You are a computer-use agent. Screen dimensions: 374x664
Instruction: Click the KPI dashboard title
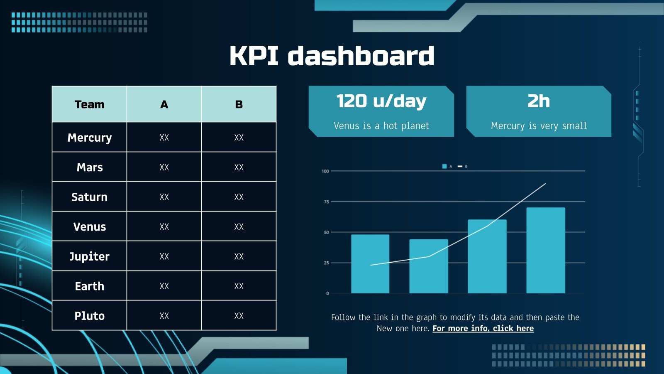click(x=332, y=56)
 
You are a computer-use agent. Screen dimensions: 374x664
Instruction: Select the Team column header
click(x=89, y=104)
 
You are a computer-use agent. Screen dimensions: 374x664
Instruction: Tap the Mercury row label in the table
click(x=89, y=138)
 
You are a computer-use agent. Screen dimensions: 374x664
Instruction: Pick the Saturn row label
click(x=89, y=197)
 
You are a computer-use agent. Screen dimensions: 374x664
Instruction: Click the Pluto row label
click(x=89, y=316)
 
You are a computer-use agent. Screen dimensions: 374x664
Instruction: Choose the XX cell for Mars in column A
click(x=164, y=167)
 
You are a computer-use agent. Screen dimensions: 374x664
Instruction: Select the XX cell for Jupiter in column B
click(x=239, y=256)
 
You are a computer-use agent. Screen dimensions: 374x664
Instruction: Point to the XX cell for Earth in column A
click(x=164, y=286)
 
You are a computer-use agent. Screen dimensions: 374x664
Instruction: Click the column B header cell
click(x=239, y=104)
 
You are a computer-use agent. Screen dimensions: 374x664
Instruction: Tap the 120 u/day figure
click(x=381, y=101)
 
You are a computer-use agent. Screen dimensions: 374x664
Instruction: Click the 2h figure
click(x=539, y=101)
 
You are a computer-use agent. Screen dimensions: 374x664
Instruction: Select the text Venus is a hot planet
click(x=381, y=126)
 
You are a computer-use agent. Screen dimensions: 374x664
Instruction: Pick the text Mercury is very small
click(x=539, y=126)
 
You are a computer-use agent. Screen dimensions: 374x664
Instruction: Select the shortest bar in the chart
click(x=429, y=266)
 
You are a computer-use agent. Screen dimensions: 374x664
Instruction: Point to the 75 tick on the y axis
click(x=326, y=202)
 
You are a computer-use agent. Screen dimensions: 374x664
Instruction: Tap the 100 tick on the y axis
click(x=325, y=171)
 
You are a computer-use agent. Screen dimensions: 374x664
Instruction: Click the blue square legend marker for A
click(x=444, y=166)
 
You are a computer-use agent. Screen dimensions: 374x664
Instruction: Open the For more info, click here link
click(x=483, y=329)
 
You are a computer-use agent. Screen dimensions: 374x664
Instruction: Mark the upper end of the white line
click(x=545, y=184)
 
